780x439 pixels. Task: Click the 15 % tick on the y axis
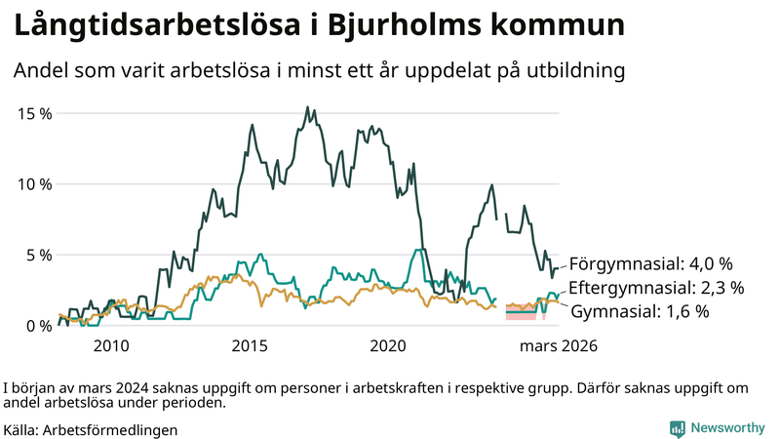coord(34,113)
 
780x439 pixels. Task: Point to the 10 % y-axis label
coord(34,184)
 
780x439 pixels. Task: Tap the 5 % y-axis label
coord(38,255)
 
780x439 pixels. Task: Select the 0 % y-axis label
coord(38,326)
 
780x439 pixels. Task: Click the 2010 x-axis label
coord(111,345)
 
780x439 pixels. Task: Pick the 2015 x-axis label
coord(250,345)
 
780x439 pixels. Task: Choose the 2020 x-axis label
coord(389,345)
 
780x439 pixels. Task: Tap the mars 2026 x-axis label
coord(558,345)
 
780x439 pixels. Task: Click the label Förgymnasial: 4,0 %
coord(650,263)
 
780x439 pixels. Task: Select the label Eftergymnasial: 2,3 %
coord(656,288)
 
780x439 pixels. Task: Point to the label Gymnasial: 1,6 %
coord(639,311)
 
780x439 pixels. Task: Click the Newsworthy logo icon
coord(677,428)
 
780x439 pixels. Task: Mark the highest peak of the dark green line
coord(308,107)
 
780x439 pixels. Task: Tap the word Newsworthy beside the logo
coord(727,428)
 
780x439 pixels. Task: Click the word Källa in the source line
coord(21,429)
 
